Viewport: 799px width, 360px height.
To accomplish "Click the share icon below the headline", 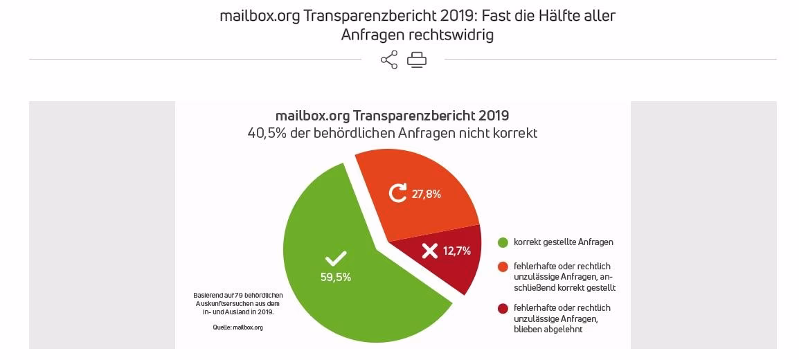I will [x=389, y=60].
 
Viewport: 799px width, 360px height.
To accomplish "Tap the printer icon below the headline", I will [x=417, y=60].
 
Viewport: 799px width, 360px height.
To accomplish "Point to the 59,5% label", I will [x=336, y=277].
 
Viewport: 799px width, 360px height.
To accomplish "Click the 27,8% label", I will [x=427, y=194].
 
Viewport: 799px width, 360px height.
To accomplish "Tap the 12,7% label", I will [x=457, y=251].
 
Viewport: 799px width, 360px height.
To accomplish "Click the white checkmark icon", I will [x=336, y=259].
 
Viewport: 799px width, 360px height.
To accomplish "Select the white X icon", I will [x=430, y=251].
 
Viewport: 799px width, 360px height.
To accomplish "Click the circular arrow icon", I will [x=397, y=193].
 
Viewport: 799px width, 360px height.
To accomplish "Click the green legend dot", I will [x=503, y=242].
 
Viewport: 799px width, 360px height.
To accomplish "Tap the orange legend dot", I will [x=503, y=267].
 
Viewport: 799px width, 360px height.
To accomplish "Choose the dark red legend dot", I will [x=503, y=308].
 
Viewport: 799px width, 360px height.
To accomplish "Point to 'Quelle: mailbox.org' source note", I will [x=237, y=327].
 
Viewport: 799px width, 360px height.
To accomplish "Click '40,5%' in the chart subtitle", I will [x=266, y=132].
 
